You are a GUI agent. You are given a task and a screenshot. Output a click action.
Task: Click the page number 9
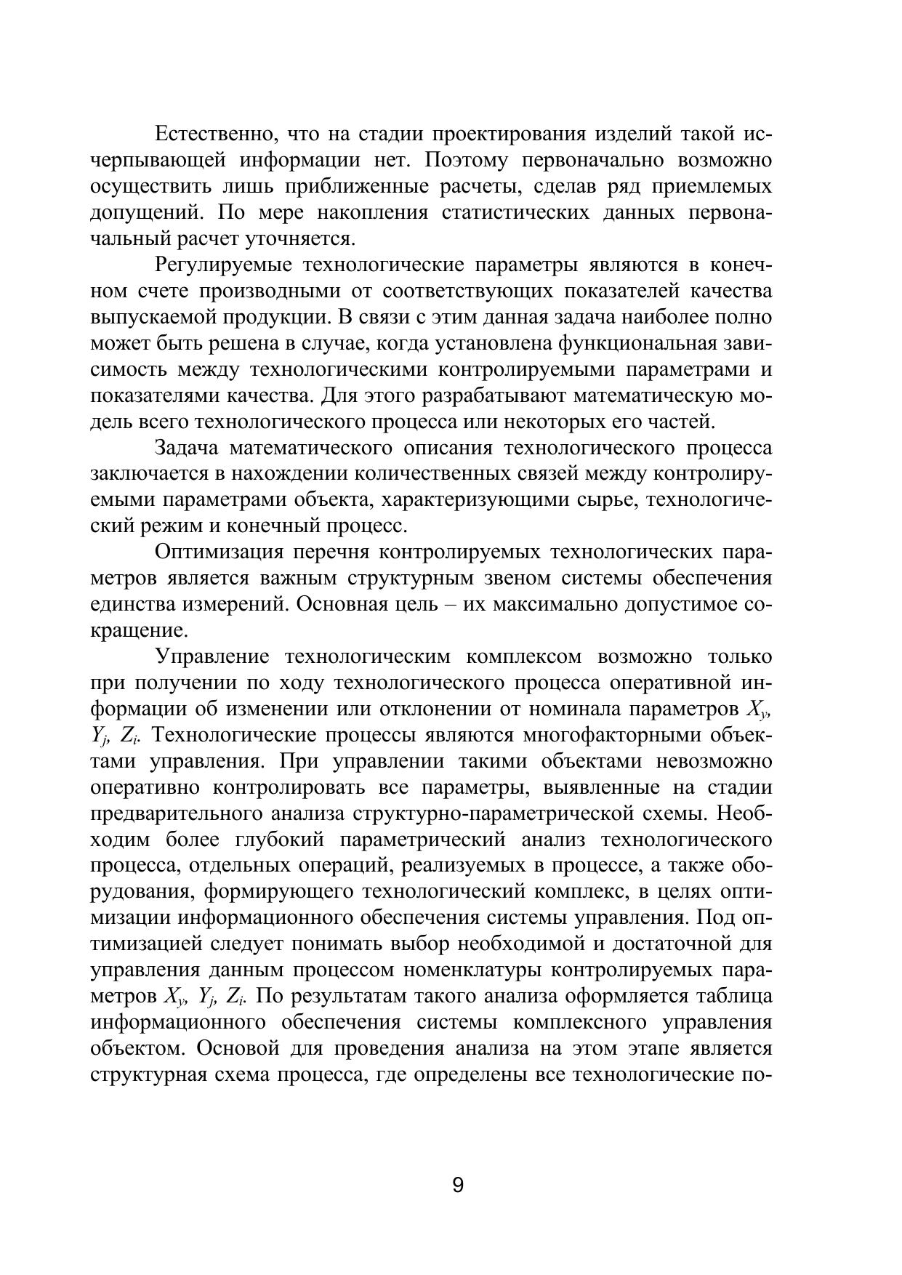pos(458,1186)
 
